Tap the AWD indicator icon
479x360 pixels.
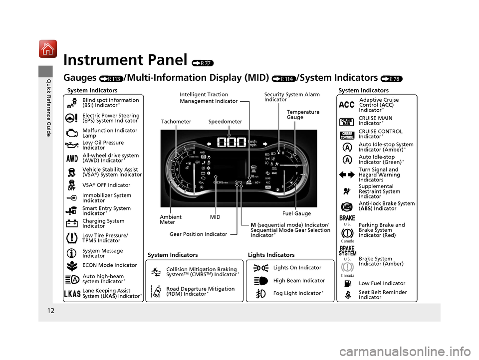(x=72, y=159)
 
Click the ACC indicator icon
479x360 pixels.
(x=346, y=105)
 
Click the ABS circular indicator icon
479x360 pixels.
(x=346, y=206)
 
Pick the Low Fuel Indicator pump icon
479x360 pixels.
(x=346, y=284)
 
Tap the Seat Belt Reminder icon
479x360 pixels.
(x=346, y=295)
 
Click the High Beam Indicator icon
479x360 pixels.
(x=260, y=281)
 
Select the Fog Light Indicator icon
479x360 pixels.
(x=260, y=294)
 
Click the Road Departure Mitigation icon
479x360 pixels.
(x=156, y=291)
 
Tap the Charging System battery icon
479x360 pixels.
(x=72, y=223)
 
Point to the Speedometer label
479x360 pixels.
(x=225, y=122)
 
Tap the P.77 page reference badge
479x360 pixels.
(x=201, y=63)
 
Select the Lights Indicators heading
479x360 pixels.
(x=271, y=255)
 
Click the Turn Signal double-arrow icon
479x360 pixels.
(x=346, y=175)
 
